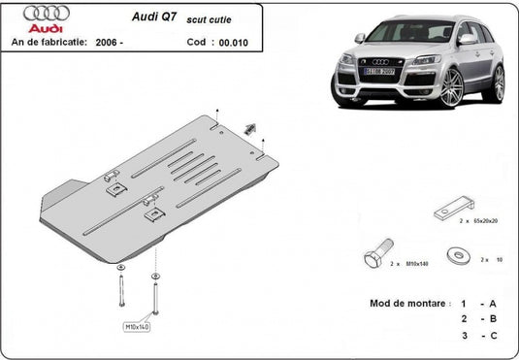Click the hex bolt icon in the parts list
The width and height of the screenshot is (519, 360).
375,258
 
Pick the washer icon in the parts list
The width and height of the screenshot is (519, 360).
455,256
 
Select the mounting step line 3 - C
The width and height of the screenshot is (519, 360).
479,335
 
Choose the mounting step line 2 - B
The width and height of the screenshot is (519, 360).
479,318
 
